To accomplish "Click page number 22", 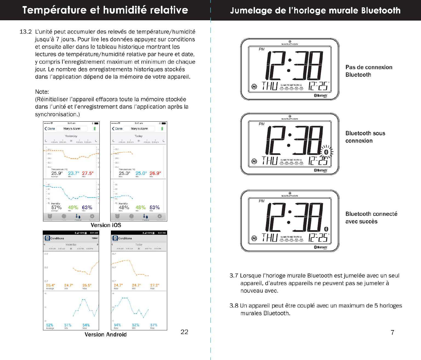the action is tap(184, 332).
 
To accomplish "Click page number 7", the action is tap(392, 332).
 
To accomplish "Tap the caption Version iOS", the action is tap(106, 225).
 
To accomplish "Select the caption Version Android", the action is tap(105, 335).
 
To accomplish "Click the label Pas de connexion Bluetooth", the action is tap(369, 71).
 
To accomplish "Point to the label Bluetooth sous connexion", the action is tap(365, 137).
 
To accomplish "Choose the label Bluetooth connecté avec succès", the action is tap(371, 218).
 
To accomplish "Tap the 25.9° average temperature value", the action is tap(57, 173).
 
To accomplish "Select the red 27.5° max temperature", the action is tap(88, 173).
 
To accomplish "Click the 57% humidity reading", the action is tap(56, 208).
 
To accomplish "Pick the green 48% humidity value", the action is tap(141, 208).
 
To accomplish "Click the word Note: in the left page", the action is tap(42, 92).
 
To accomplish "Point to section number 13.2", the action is tap(25, 32).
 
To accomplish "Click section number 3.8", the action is tap(234, 306).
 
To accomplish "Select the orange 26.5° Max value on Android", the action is tap(87, 285).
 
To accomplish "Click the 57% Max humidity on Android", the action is tap(154, 325).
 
